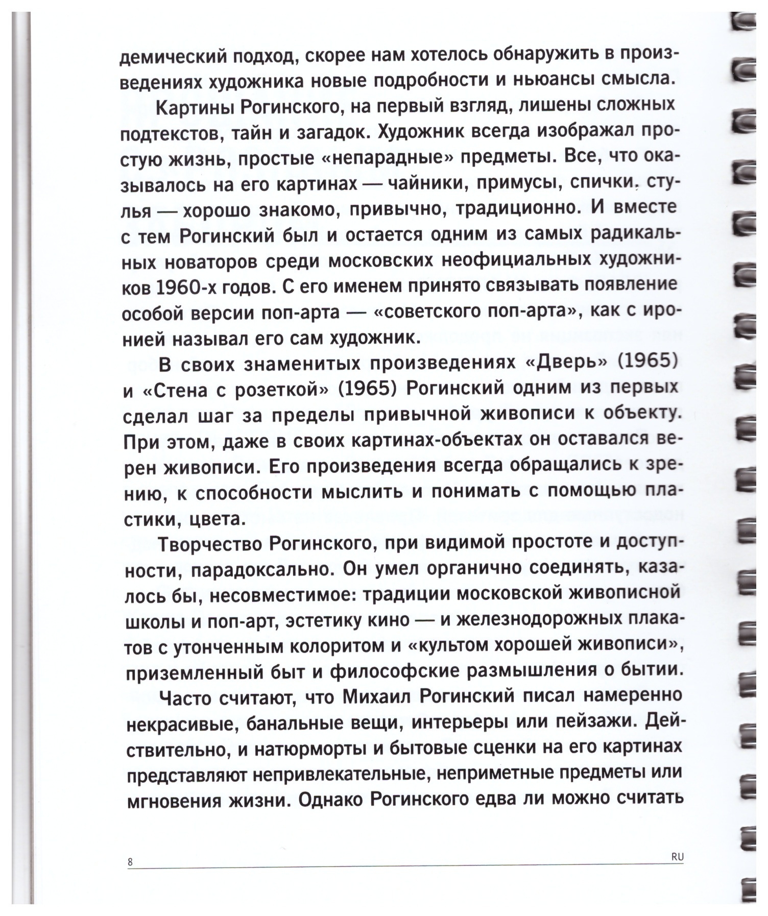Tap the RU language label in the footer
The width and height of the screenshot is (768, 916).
coord(677,858)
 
